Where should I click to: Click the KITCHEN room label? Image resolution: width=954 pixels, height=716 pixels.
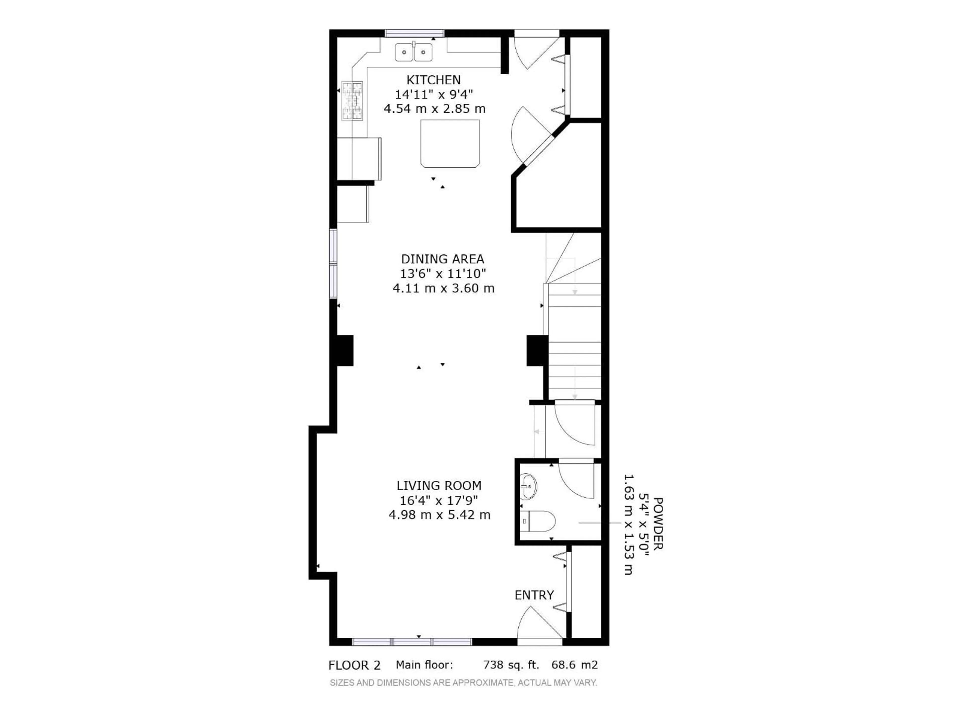(434, 80)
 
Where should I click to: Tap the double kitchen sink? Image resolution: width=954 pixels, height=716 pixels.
(414, 52)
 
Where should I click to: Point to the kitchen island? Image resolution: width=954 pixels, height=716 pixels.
(450, 143)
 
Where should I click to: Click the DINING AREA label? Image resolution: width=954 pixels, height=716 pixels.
(442, 259)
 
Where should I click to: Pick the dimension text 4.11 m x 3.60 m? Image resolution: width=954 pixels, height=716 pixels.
(443, 288)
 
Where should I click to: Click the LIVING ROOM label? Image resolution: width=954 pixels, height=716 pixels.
(439, 486)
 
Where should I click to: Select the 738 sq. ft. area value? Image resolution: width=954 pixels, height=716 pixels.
(511, 665)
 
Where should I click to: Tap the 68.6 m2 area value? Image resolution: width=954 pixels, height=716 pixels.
(574, 665)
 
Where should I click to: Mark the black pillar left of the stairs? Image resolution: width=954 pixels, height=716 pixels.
(537, 351)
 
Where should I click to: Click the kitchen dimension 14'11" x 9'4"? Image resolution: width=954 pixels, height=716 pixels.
(434, 94)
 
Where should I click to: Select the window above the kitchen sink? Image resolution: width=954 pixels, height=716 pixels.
(414, 33)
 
